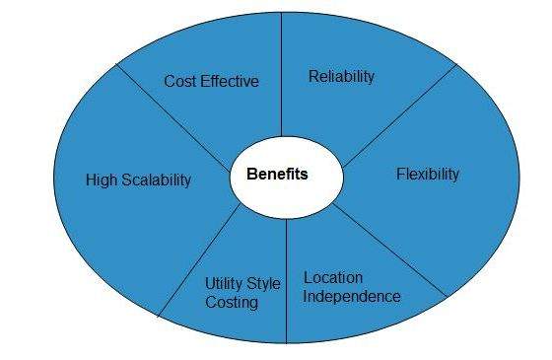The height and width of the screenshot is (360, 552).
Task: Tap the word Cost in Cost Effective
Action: (181, 82)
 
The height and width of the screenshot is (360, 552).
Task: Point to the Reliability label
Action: (341, 76)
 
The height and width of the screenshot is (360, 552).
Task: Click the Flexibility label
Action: (428, 175)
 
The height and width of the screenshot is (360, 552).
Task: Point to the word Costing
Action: (232, 303)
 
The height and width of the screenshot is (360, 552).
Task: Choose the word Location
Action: (333, 277)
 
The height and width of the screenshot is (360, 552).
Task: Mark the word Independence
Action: (352, 296)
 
